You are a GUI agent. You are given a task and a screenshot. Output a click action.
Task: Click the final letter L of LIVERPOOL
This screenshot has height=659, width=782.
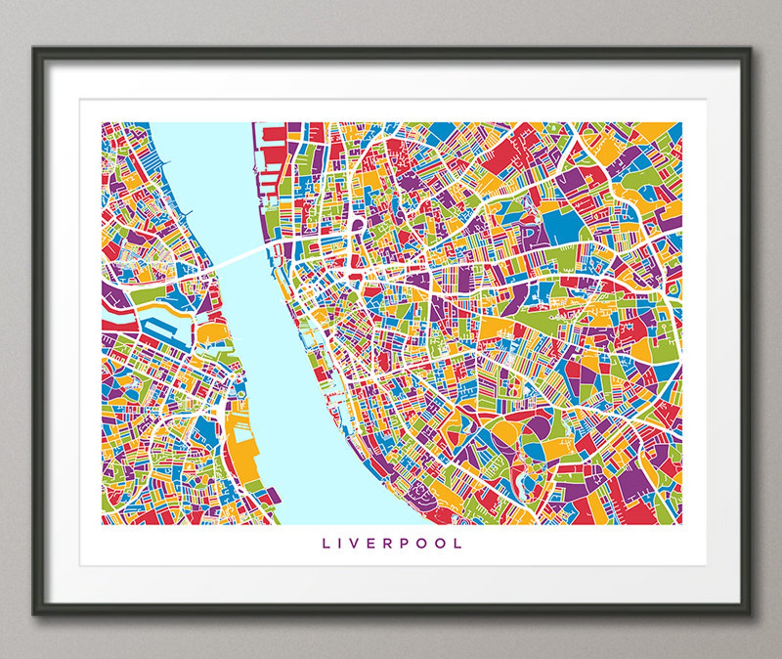point(458,543)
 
